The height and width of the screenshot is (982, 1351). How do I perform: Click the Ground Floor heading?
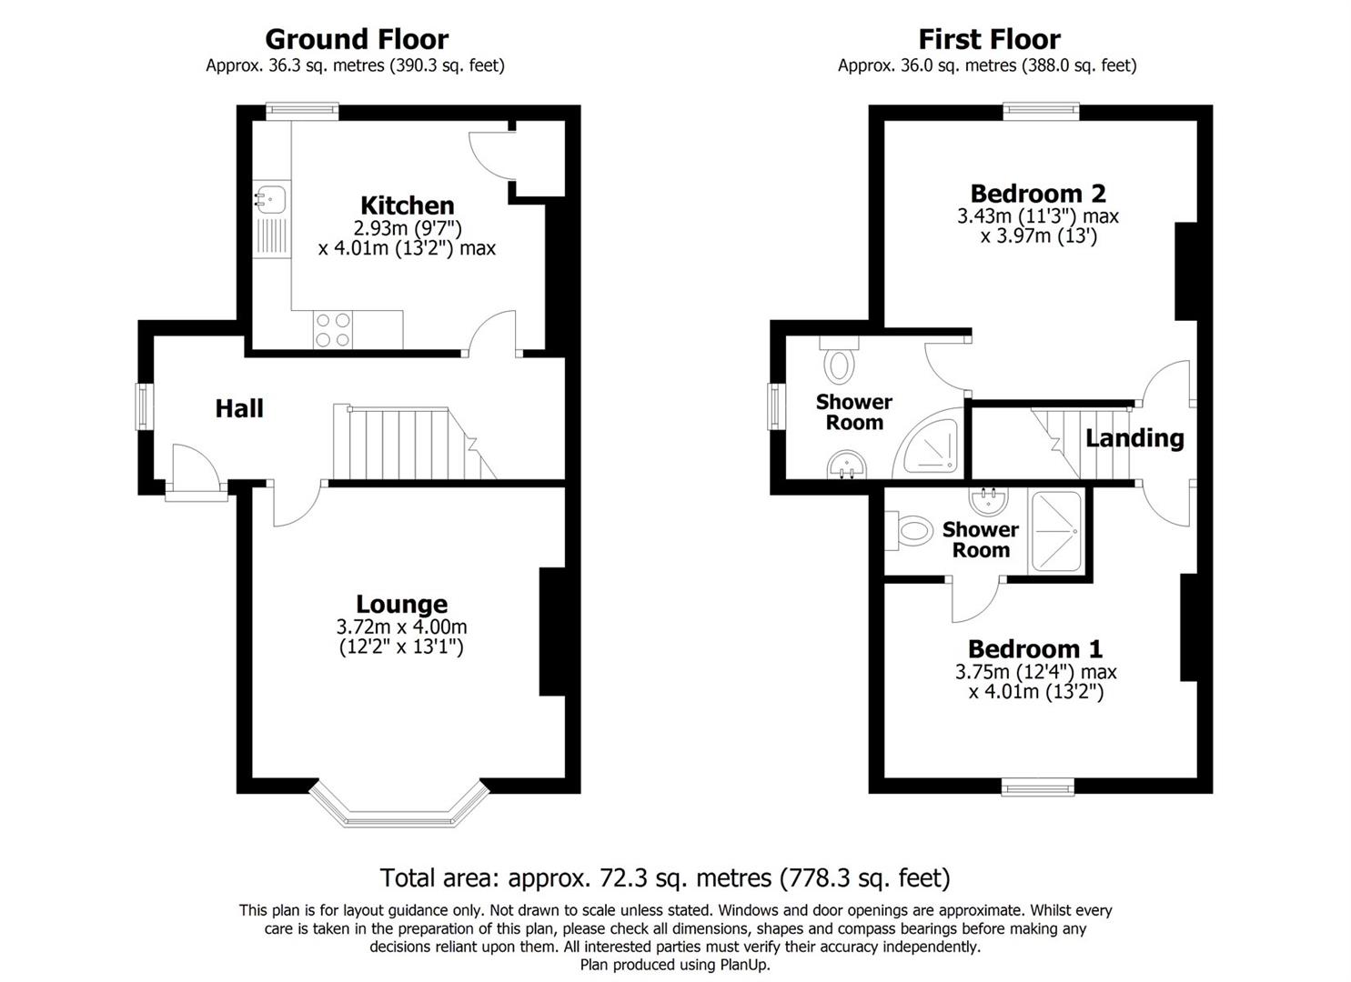(356, 39)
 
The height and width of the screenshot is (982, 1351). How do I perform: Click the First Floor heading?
(988, 39)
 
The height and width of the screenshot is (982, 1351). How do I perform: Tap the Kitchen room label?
(407, 205)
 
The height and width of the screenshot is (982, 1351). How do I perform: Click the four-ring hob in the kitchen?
(332, 329)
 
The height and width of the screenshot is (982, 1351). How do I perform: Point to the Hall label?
(239, 408)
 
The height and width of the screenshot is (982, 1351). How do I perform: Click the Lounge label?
(401, 604)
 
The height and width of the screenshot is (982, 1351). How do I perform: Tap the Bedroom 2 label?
(1037, 193)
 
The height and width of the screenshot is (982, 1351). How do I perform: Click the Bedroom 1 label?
(1034, 648)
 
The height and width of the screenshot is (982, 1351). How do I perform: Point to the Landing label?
(1134, 438)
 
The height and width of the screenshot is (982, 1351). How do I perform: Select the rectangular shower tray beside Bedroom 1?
(1056, 532)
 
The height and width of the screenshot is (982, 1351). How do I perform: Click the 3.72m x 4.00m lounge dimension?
(401, 627)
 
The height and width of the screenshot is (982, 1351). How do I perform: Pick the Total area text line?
(664, 877)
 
